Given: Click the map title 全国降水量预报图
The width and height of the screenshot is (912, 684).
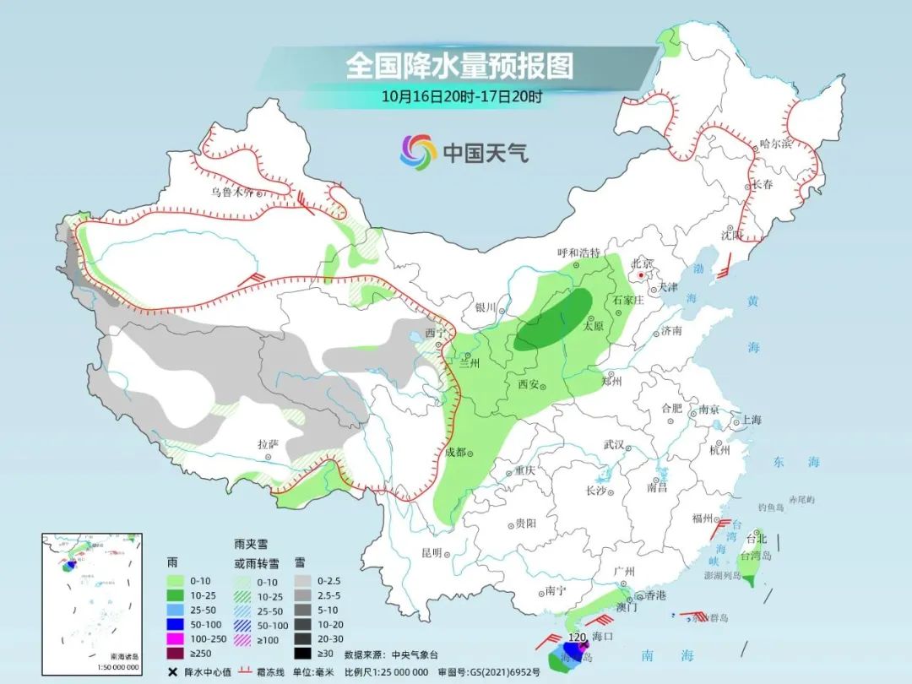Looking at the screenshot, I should [x=459, y=66].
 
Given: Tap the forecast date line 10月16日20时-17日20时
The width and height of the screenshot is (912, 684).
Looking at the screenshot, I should [x=461, y=95].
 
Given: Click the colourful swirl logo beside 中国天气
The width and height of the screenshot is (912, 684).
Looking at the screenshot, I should [x=418, y=151].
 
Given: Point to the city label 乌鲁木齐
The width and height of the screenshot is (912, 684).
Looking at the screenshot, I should [x=232, y=193].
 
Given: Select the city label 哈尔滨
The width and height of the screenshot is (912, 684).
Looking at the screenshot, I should [x=776, y=144].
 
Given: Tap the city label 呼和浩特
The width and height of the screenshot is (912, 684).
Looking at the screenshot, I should [x=578, y=252].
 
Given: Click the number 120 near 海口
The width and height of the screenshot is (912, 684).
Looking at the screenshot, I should [x=577, y=636].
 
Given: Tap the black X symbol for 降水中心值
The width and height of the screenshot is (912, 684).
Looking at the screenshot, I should [x=172, y=672].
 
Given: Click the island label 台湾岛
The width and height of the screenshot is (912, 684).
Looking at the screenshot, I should [x=756, y=556].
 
